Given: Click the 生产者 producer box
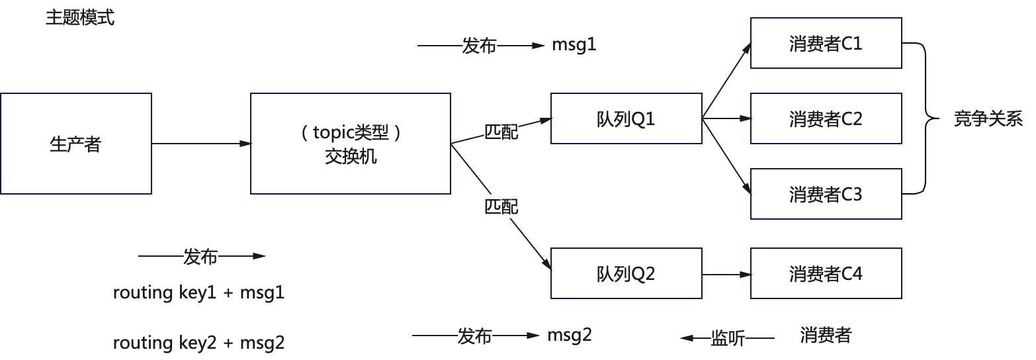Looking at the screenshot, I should point(75,144).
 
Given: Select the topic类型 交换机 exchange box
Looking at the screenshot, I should point(351,144).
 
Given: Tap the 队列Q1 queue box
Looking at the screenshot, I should point(626,118).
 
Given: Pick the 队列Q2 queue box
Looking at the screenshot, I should point(626,273).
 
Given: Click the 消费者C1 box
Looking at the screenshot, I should point(826,43).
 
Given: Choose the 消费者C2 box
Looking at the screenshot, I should point(826,119).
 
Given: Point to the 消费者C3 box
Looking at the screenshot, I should point(826,195).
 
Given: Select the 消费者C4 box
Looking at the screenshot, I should point(826,273).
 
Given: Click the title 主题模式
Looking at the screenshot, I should point(80,18).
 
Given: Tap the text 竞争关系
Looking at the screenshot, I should point(988,119).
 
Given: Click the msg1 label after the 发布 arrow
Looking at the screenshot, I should point(574,46).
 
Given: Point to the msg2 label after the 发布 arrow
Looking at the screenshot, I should point(570,336).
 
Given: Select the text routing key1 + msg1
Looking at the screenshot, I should point(198,292).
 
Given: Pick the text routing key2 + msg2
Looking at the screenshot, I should point(198,343).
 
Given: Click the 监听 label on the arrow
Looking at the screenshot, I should point(728,338).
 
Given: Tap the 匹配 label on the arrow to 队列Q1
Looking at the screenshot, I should point(501,132).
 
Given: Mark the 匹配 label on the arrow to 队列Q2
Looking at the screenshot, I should point(501,207).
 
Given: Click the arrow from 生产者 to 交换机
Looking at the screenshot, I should point(201,144).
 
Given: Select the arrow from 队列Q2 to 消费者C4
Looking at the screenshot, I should point(726,273).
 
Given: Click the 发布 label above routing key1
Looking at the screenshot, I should point(200,257).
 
